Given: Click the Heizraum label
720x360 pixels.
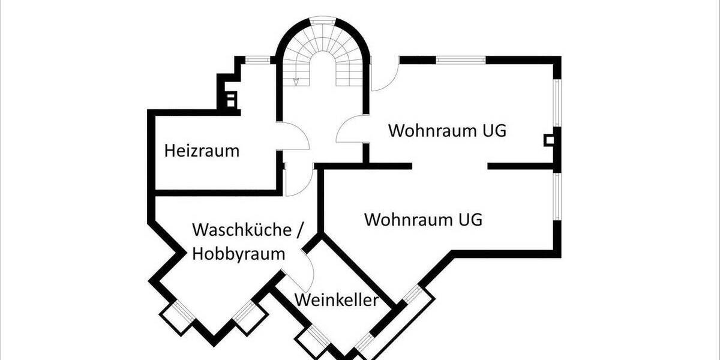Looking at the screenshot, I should [x=202, y=151].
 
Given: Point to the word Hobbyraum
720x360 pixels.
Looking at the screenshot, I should [x=239, y=254].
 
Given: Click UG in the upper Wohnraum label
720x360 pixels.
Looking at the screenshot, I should [x=491, y=131].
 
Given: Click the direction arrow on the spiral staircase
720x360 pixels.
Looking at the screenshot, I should [x=296, y=80].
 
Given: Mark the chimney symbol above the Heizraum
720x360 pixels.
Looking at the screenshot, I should [x=230, y=99].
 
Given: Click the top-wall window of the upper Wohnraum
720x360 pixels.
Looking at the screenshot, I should [x=460, y=59].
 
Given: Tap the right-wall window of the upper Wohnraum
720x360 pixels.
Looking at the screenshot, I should [x=557, y=103].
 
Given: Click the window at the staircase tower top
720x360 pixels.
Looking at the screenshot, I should [x=323, y=20].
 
